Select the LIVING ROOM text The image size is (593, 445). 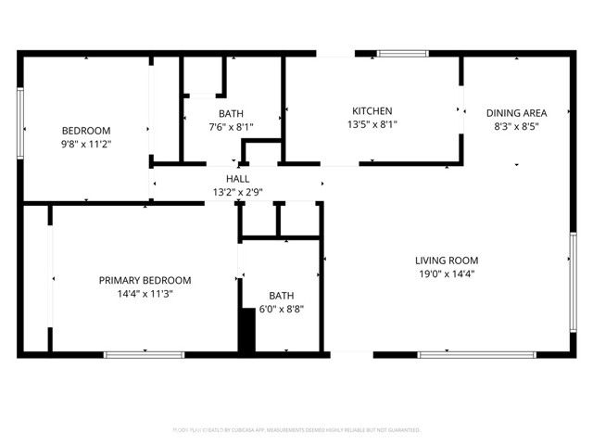447,261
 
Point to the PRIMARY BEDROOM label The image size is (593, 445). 145,280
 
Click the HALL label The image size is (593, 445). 237,179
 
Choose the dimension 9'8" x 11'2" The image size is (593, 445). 86,144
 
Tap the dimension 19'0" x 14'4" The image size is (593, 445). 447,274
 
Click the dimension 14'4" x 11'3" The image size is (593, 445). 145,294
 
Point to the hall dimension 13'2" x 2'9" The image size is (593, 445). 237,193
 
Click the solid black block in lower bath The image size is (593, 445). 246,330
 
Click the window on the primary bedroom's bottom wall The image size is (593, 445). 144,354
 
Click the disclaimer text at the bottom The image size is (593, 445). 296,430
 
